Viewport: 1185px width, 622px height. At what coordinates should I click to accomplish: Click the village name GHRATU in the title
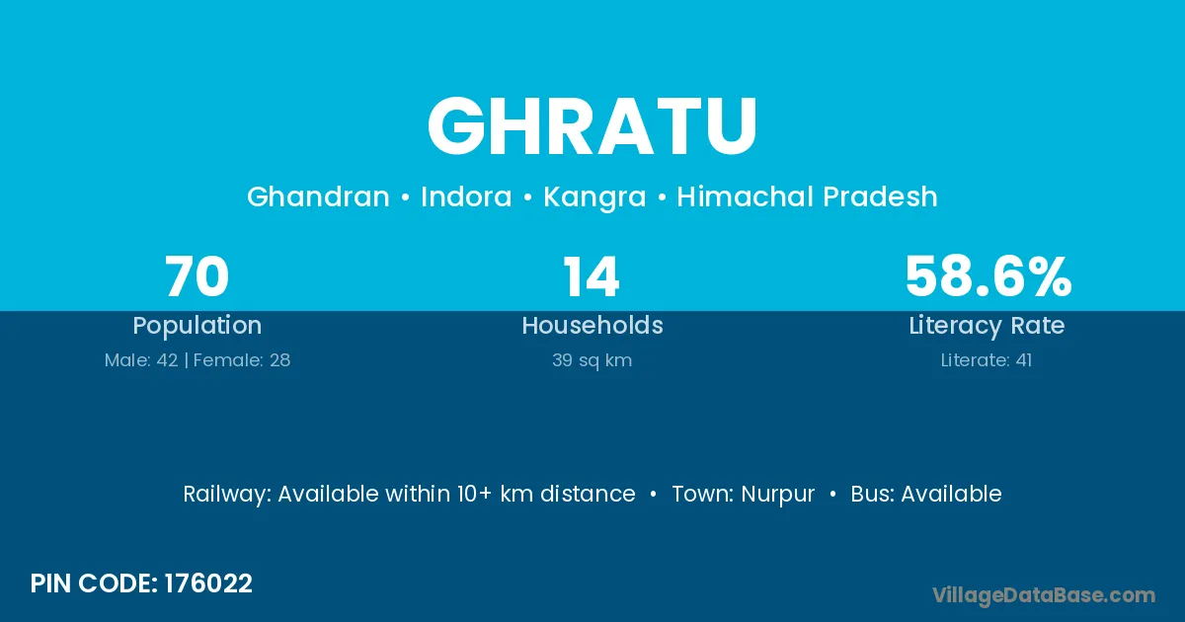[x=592, y=126]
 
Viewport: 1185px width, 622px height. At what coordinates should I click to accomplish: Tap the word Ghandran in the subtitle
[x=318, y=196]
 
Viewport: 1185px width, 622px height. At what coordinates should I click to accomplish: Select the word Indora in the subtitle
[x=466, y=196]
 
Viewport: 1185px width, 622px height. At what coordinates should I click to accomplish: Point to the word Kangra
[x=594, y=197]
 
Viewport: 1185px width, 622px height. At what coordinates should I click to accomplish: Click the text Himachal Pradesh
[x=808, y=196]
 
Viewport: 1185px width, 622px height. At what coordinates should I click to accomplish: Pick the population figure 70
[x=197, y=276]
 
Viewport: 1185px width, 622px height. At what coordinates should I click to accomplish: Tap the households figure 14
[x=591, y=276]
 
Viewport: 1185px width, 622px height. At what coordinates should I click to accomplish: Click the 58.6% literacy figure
[x=988, y=276]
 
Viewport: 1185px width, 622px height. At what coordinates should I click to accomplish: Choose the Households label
[x=592, y=325]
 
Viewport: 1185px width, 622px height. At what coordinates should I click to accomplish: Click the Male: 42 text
[x=141, y=360]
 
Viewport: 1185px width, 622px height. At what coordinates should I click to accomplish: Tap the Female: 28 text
[x=242, y=360]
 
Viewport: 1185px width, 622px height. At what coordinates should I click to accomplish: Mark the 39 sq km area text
[x=592, y=360]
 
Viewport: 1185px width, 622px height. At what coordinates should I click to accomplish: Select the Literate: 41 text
[x=987, y=360]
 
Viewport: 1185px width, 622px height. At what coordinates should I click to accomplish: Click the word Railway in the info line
[x=227, y=495]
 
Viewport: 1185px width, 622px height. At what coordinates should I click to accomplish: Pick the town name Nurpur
[x=778, y=495]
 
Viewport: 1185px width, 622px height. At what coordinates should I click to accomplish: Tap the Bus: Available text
[x=926, y=494]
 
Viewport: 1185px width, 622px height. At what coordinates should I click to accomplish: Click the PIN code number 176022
[x=208, y=583]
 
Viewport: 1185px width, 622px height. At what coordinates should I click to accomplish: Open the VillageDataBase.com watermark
[x=1043, y=595]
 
